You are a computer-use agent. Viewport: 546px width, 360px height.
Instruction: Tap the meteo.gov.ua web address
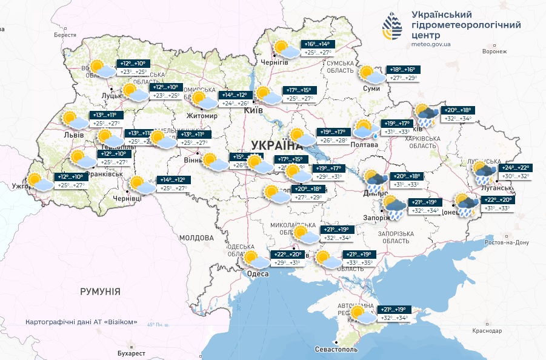(431, 45)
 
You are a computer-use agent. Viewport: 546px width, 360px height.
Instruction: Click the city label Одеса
(258, 274)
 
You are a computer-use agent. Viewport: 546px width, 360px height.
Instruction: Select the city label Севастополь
(336, 350)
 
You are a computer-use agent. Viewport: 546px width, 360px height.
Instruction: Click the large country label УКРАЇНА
(276, 145)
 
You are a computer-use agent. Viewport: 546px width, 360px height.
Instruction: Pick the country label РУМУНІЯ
(100, 292)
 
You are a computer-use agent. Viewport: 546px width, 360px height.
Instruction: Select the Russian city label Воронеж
(494, 52)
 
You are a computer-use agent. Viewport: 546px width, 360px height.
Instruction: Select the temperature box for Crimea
(393, 314)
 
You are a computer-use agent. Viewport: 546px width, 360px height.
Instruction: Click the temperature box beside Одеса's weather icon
(288, 259)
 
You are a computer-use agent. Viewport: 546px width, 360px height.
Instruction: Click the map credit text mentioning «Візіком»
(82, 322)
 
